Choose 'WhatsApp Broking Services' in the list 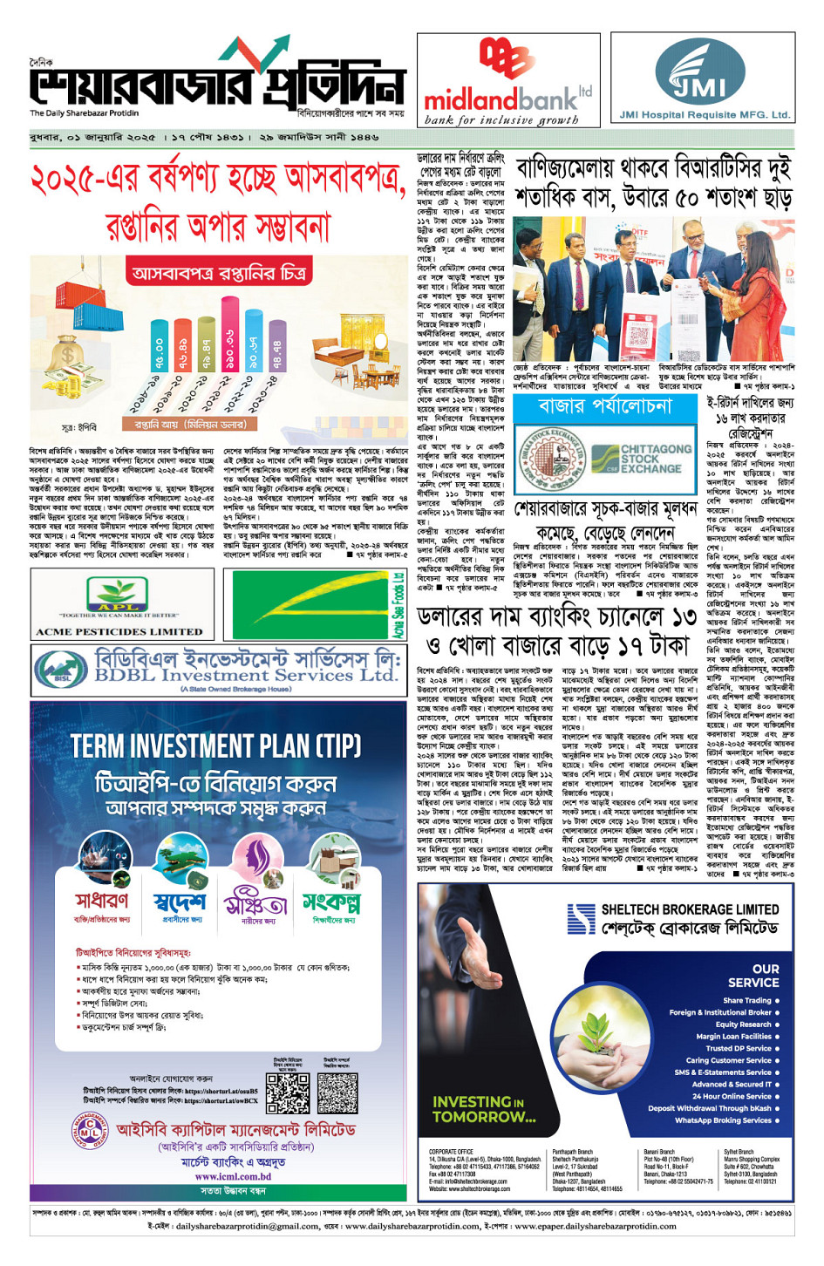coord(723,1120)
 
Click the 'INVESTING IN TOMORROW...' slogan coord(484,1109)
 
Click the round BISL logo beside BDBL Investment coord(61,670)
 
